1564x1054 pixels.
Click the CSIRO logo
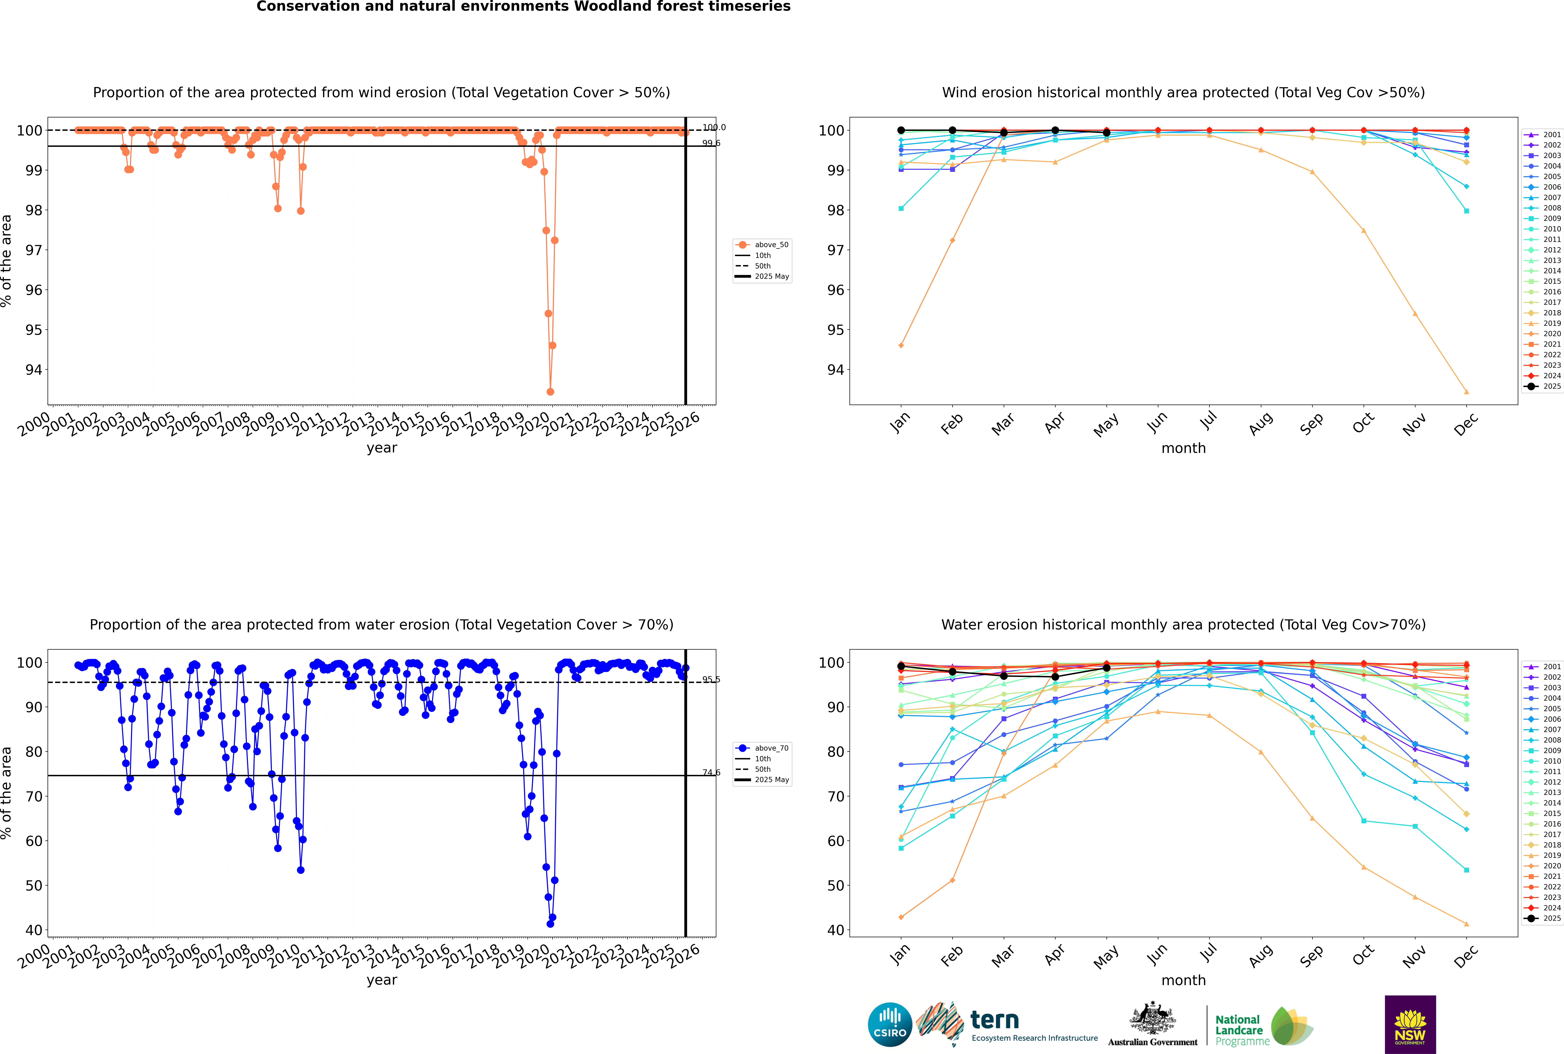pos(890,1024)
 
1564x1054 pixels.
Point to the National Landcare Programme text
pos(1239,1030)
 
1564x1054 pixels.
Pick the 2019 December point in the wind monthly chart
pos(1467,392)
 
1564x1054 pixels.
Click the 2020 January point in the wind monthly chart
pos(901,345)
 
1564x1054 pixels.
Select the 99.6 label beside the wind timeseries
pos(711,143)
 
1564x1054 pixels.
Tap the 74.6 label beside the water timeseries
pos(711,772)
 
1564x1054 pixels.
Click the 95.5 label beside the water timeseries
pos(711,680)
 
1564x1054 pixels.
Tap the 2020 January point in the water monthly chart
pos(901,917)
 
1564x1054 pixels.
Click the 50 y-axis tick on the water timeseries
pos(34,886)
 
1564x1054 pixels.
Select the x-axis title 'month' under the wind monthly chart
pos(1183,448)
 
